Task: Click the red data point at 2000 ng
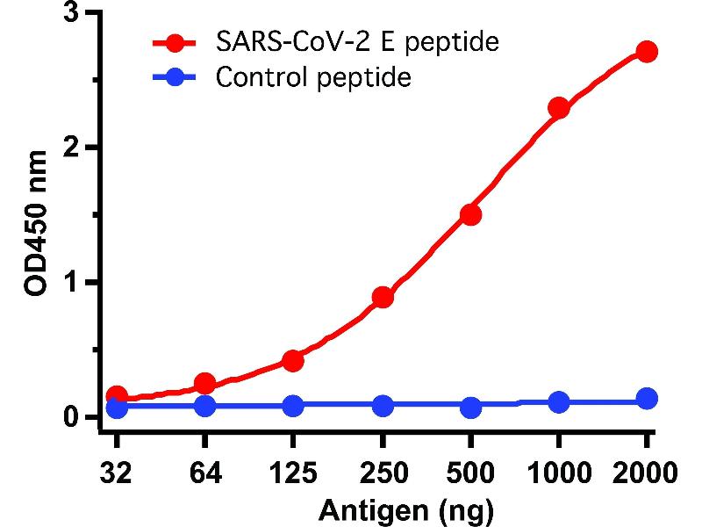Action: (x=647, y=52)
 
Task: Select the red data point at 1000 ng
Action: (x=559, y=109)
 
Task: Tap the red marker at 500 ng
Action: (x=470, y=214)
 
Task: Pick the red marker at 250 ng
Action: (x=382, y=297)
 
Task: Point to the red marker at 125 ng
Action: (x=293, y=360)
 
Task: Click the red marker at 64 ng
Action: (x=204, y=384)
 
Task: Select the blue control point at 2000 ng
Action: (x=647, y=399)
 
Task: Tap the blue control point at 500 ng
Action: (x=470, y=408)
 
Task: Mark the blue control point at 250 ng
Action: (x=382, y=406)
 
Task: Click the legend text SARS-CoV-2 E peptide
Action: (x=357, y=41)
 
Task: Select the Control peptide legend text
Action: (x=313, y=77)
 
